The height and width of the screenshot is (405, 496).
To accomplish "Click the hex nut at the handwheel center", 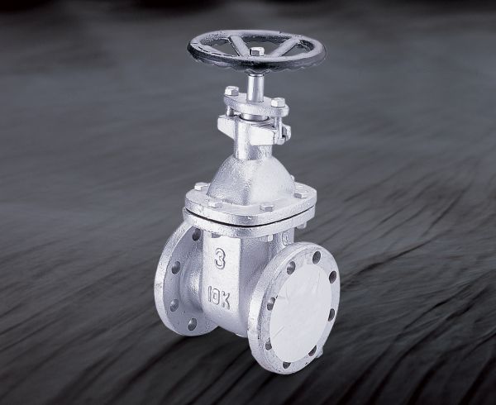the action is click(x=256, y=51).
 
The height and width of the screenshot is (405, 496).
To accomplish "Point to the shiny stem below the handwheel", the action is click(x=255, y=87).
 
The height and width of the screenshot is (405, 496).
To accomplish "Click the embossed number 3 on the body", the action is click(x=220, y=259).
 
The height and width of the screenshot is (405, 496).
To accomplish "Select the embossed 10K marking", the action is click(x=219, y=298).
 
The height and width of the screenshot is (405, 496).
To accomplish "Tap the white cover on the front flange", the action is click(x=301, y=312).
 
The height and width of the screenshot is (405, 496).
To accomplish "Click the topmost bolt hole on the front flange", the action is click(x=317, y=257).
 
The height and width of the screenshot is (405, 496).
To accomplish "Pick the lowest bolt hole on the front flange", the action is click(x=286, y=364).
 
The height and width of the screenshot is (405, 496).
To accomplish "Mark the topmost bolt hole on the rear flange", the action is click(x=196, y=234).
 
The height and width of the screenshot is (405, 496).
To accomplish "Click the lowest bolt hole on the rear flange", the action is click(x=192, y=324).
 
